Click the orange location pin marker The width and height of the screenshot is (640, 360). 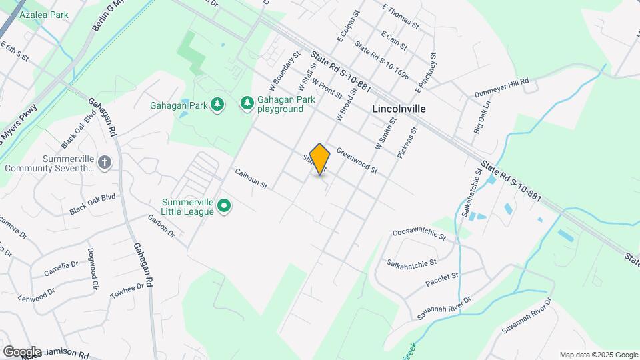320,159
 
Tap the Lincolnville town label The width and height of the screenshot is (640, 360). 399,108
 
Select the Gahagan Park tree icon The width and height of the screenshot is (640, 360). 216,104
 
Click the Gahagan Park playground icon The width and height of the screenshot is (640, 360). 247,103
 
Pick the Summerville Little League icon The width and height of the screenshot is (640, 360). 225,207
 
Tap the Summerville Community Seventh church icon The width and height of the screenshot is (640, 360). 104,163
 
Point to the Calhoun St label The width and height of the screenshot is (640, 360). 251,178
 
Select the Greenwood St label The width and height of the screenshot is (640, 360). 357,161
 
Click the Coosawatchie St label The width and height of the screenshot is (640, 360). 419,235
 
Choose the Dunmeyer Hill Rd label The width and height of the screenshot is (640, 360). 501,87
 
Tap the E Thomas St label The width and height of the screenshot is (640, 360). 400,16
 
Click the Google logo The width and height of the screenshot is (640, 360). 21,352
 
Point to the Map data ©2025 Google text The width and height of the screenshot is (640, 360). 599,355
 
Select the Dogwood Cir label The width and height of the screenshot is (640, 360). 92,269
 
